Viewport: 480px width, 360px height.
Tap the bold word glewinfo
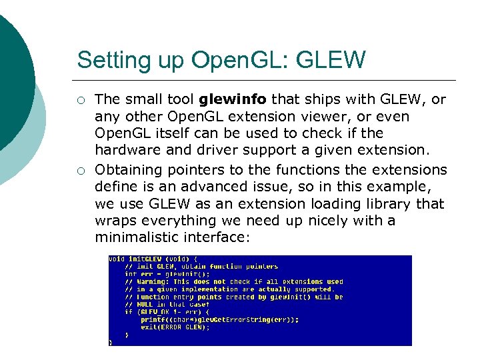[233, 100]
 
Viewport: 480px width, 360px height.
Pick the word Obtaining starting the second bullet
[127, 170]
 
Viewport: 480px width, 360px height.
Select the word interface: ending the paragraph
[217, 237]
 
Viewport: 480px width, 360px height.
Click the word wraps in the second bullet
[113, 220]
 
